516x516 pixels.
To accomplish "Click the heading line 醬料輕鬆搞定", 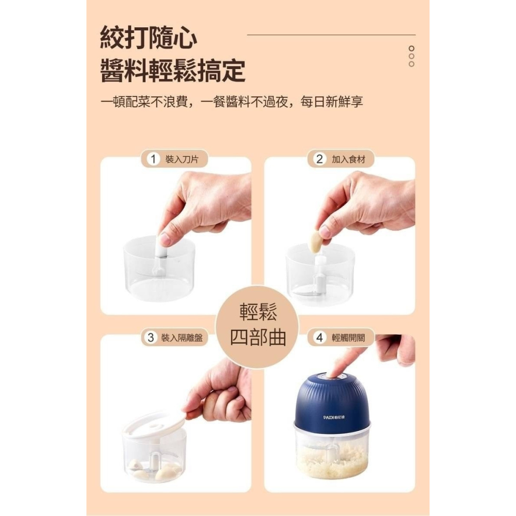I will [x=172, y=71].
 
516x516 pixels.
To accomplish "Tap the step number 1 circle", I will [x=152, y=159].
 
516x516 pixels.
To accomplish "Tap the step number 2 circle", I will [x=319, y=159].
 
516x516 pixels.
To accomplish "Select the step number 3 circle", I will [x=151, y=338].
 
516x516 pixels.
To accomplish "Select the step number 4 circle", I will [x=319, y=338].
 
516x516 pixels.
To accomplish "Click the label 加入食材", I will [x=348, y=159].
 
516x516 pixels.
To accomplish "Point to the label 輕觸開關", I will [x=348, y=338].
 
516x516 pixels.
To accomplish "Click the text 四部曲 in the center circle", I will [x=257, y=337].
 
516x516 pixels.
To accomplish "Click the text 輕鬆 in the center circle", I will [x=258, y=312].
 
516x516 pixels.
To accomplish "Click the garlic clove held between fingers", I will [x=315, y=241].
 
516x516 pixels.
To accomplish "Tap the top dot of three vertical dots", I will [x=411, y=48].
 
